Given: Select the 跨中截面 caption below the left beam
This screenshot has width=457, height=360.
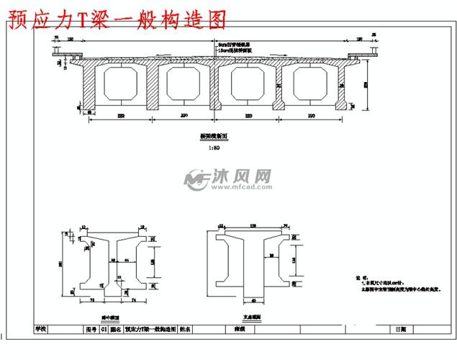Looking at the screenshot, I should [x=111, y=315].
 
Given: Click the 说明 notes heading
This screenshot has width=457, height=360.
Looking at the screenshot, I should [x=359, y=276].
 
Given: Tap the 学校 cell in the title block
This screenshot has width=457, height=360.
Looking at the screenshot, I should [x=41, y=329].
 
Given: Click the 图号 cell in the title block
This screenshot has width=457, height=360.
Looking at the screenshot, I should [x=91, y=329].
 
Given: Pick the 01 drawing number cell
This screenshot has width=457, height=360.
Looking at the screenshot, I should [x=104, y=329].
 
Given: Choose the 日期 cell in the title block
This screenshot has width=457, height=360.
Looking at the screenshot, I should [x=400, y=329].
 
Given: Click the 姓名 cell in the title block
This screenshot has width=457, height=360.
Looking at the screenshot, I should [x=184, y=329].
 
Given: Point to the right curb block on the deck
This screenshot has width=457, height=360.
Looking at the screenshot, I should [x=357, y=55].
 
